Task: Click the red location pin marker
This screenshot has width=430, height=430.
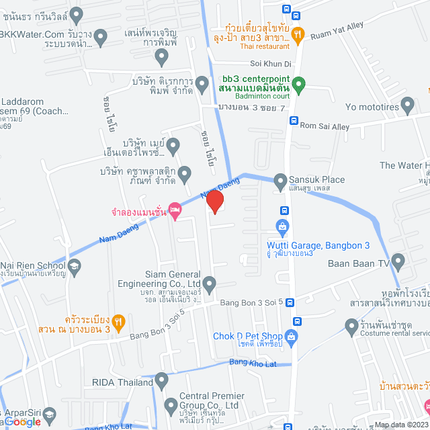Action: (x=214, y=202)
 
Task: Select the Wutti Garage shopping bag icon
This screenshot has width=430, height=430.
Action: (x=283, y=226)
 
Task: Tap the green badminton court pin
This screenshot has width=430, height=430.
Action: (x=300, y=85)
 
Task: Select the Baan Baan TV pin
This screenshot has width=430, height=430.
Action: (x=398, y=261)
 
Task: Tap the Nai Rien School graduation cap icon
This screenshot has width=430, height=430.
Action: (x=74, y=269)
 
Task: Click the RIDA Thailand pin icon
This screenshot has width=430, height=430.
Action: (x=161, y=380)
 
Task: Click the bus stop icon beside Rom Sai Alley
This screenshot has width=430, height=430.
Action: (x=294, y=121)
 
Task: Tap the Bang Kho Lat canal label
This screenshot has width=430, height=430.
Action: (x=248, y=362)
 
